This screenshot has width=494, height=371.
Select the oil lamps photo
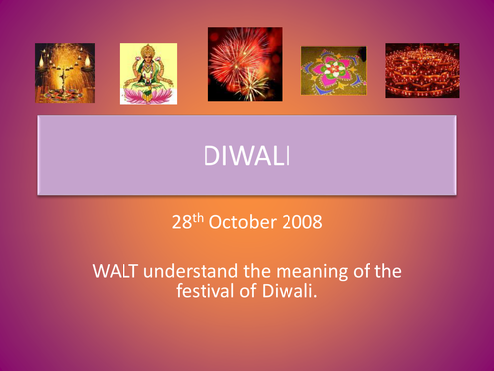click(64, 72)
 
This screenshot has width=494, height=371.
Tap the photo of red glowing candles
click(423, 70)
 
